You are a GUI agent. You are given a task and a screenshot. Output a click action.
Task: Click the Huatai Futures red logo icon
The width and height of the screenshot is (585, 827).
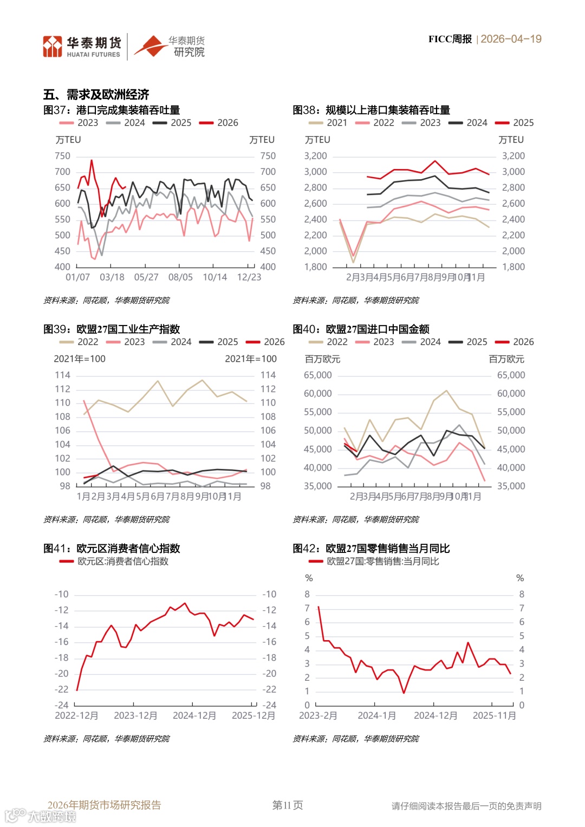[53, 47]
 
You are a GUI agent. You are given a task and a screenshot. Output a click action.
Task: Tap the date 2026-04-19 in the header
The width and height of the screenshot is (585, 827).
[511, 39]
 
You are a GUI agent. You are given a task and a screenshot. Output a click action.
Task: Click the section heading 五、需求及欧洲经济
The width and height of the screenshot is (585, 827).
[96, 95]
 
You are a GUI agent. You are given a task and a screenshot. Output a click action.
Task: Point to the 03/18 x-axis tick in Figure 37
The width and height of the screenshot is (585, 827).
[112, 277]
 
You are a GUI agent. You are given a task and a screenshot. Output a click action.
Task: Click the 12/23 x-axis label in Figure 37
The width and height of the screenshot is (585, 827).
[249, 277]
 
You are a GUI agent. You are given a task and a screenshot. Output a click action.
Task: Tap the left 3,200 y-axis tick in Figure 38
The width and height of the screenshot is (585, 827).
[315, 156]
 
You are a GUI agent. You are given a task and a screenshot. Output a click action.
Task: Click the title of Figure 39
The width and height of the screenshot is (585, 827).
[112, 329]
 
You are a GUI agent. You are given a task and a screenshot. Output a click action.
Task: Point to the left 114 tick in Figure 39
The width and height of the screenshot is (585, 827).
[63, 375]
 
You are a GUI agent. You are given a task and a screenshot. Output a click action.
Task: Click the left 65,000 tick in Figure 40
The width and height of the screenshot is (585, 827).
[318, 375]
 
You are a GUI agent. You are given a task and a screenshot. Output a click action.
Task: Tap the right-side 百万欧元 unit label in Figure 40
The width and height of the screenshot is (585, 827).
[506, 359]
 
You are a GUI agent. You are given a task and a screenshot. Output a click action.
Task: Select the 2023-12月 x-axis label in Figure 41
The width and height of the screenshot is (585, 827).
[135, 716]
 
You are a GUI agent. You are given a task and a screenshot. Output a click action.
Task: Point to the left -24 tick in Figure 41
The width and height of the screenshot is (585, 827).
[61, 706]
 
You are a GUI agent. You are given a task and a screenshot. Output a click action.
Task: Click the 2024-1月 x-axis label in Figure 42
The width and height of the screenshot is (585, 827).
[376, 716]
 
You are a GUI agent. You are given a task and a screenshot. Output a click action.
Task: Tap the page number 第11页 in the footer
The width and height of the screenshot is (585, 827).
[288, 805]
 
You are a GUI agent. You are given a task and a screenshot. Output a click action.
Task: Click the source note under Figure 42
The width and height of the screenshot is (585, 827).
[356, 739]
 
